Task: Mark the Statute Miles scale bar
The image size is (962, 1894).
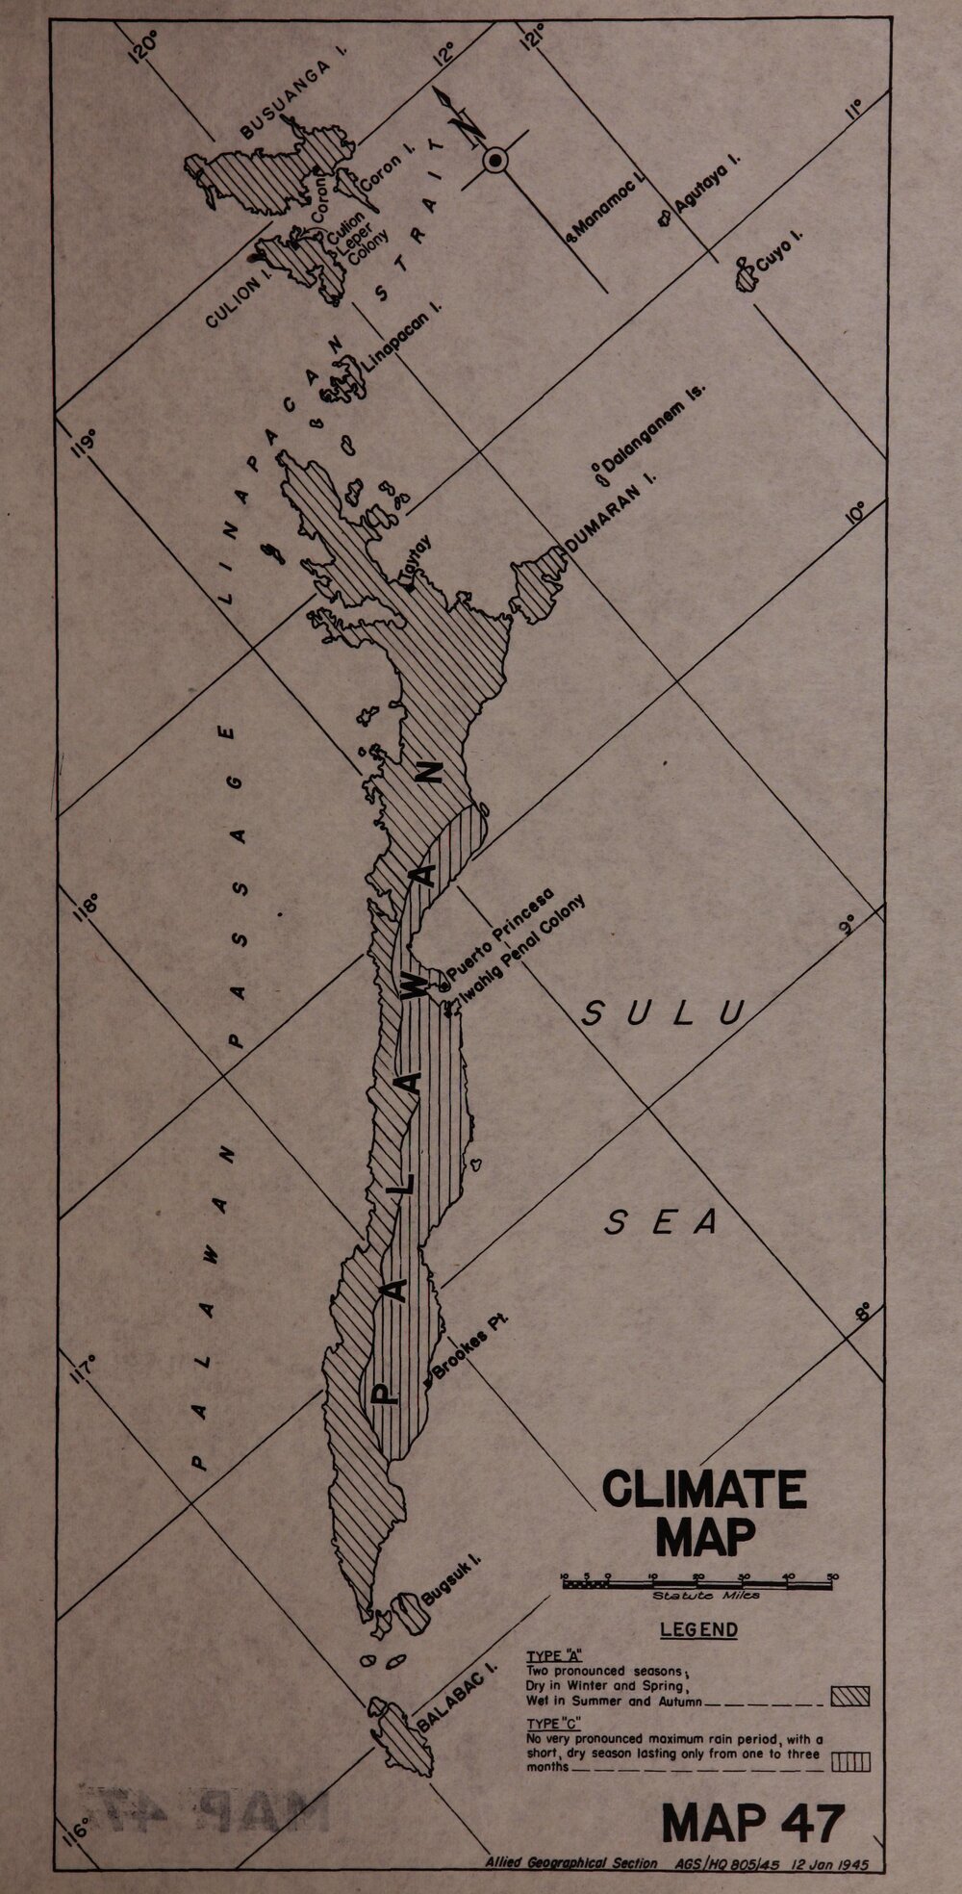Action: click(700, 1582)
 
